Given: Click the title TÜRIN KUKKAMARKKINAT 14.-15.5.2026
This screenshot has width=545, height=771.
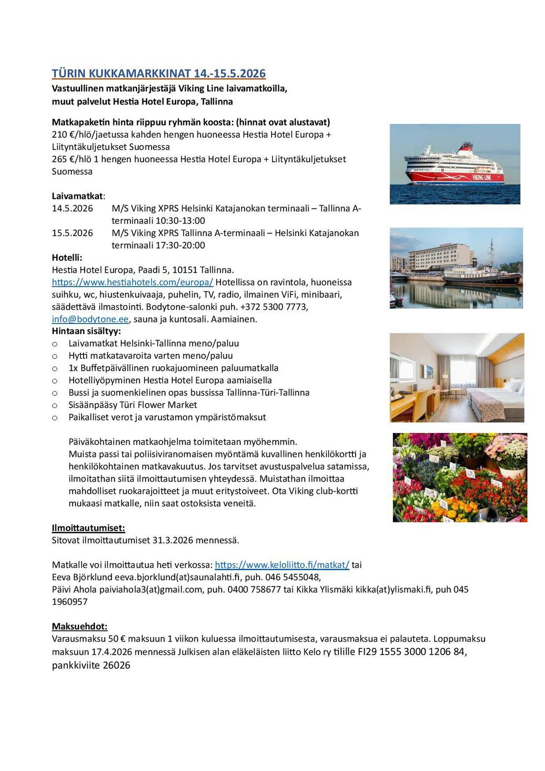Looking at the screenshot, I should [x=159, y=74].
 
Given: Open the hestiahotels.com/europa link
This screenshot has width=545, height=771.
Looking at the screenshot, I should [x=132, y=282].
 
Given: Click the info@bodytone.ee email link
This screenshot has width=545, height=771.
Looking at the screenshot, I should [x=90, y=319].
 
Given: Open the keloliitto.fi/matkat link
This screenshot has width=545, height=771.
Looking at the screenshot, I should [x=282, y=565].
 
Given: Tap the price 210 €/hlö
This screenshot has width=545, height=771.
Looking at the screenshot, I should [x=73, y=135].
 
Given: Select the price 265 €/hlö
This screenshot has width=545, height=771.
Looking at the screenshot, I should [x=73, y=159].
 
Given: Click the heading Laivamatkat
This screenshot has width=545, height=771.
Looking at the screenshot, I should [x=77, y=196].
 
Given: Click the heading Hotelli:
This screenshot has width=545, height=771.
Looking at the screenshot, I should [x=67, y=258].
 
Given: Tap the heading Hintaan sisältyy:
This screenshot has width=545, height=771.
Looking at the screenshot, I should [x=86, y=331].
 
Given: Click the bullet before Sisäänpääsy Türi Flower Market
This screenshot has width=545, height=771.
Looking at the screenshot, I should [x=55, y=405].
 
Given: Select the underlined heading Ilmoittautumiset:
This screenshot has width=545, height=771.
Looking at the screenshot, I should [x=88, y=528].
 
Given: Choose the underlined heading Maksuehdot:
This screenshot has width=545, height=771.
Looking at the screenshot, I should [x=79, y=627].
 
